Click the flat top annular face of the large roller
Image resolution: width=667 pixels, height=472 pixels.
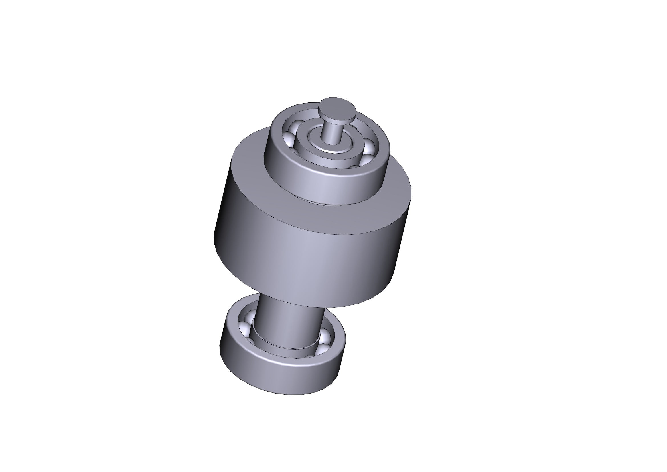click(250, 163)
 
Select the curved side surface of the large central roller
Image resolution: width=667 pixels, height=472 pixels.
click(305, 253)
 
